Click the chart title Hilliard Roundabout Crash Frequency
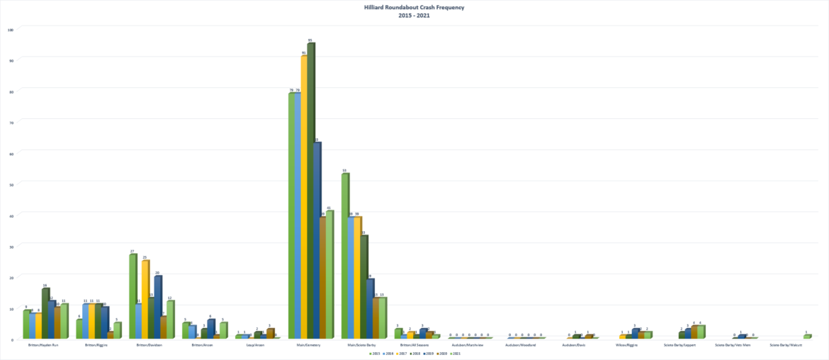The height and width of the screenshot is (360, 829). click(x=414, y=8)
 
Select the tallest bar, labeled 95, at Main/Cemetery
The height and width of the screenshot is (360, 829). click(x=310, y=191)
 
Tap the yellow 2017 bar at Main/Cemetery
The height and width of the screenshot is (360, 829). click(x=304, y=198)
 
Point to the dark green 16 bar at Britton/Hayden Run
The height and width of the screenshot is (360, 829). click(x=45, y=314)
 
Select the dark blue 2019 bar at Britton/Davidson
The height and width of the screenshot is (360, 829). click(x=157, y=308)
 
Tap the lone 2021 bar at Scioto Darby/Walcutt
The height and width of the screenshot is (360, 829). click(x=807, y=337)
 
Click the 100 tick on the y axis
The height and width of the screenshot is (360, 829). click(x=10, y=30)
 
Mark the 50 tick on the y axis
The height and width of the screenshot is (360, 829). click(x=11, y=184)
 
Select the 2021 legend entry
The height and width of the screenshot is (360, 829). click(x=455, y=353)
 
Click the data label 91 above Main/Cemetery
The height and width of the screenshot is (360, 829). click(x=304, y=53)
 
